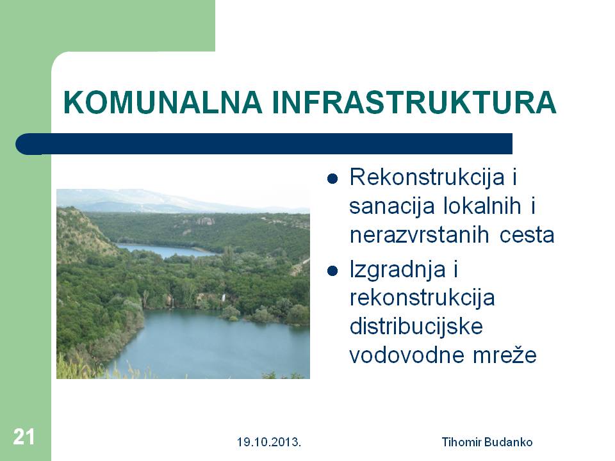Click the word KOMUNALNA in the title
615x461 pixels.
point(163,102)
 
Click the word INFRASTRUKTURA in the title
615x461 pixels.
point(414,102)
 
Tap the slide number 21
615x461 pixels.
point(24,437)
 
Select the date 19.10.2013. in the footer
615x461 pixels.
point(269,442)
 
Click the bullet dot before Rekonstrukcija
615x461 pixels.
point(332,179)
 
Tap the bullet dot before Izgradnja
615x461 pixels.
point(332,271)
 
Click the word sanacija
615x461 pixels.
point(392,207)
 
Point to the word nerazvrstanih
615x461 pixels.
point(419,235)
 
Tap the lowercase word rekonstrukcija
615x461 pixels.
point(422,298)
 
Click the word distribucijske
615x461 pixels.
point(416,327)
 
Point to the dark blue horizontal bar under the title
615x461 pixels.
point(264,144)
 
